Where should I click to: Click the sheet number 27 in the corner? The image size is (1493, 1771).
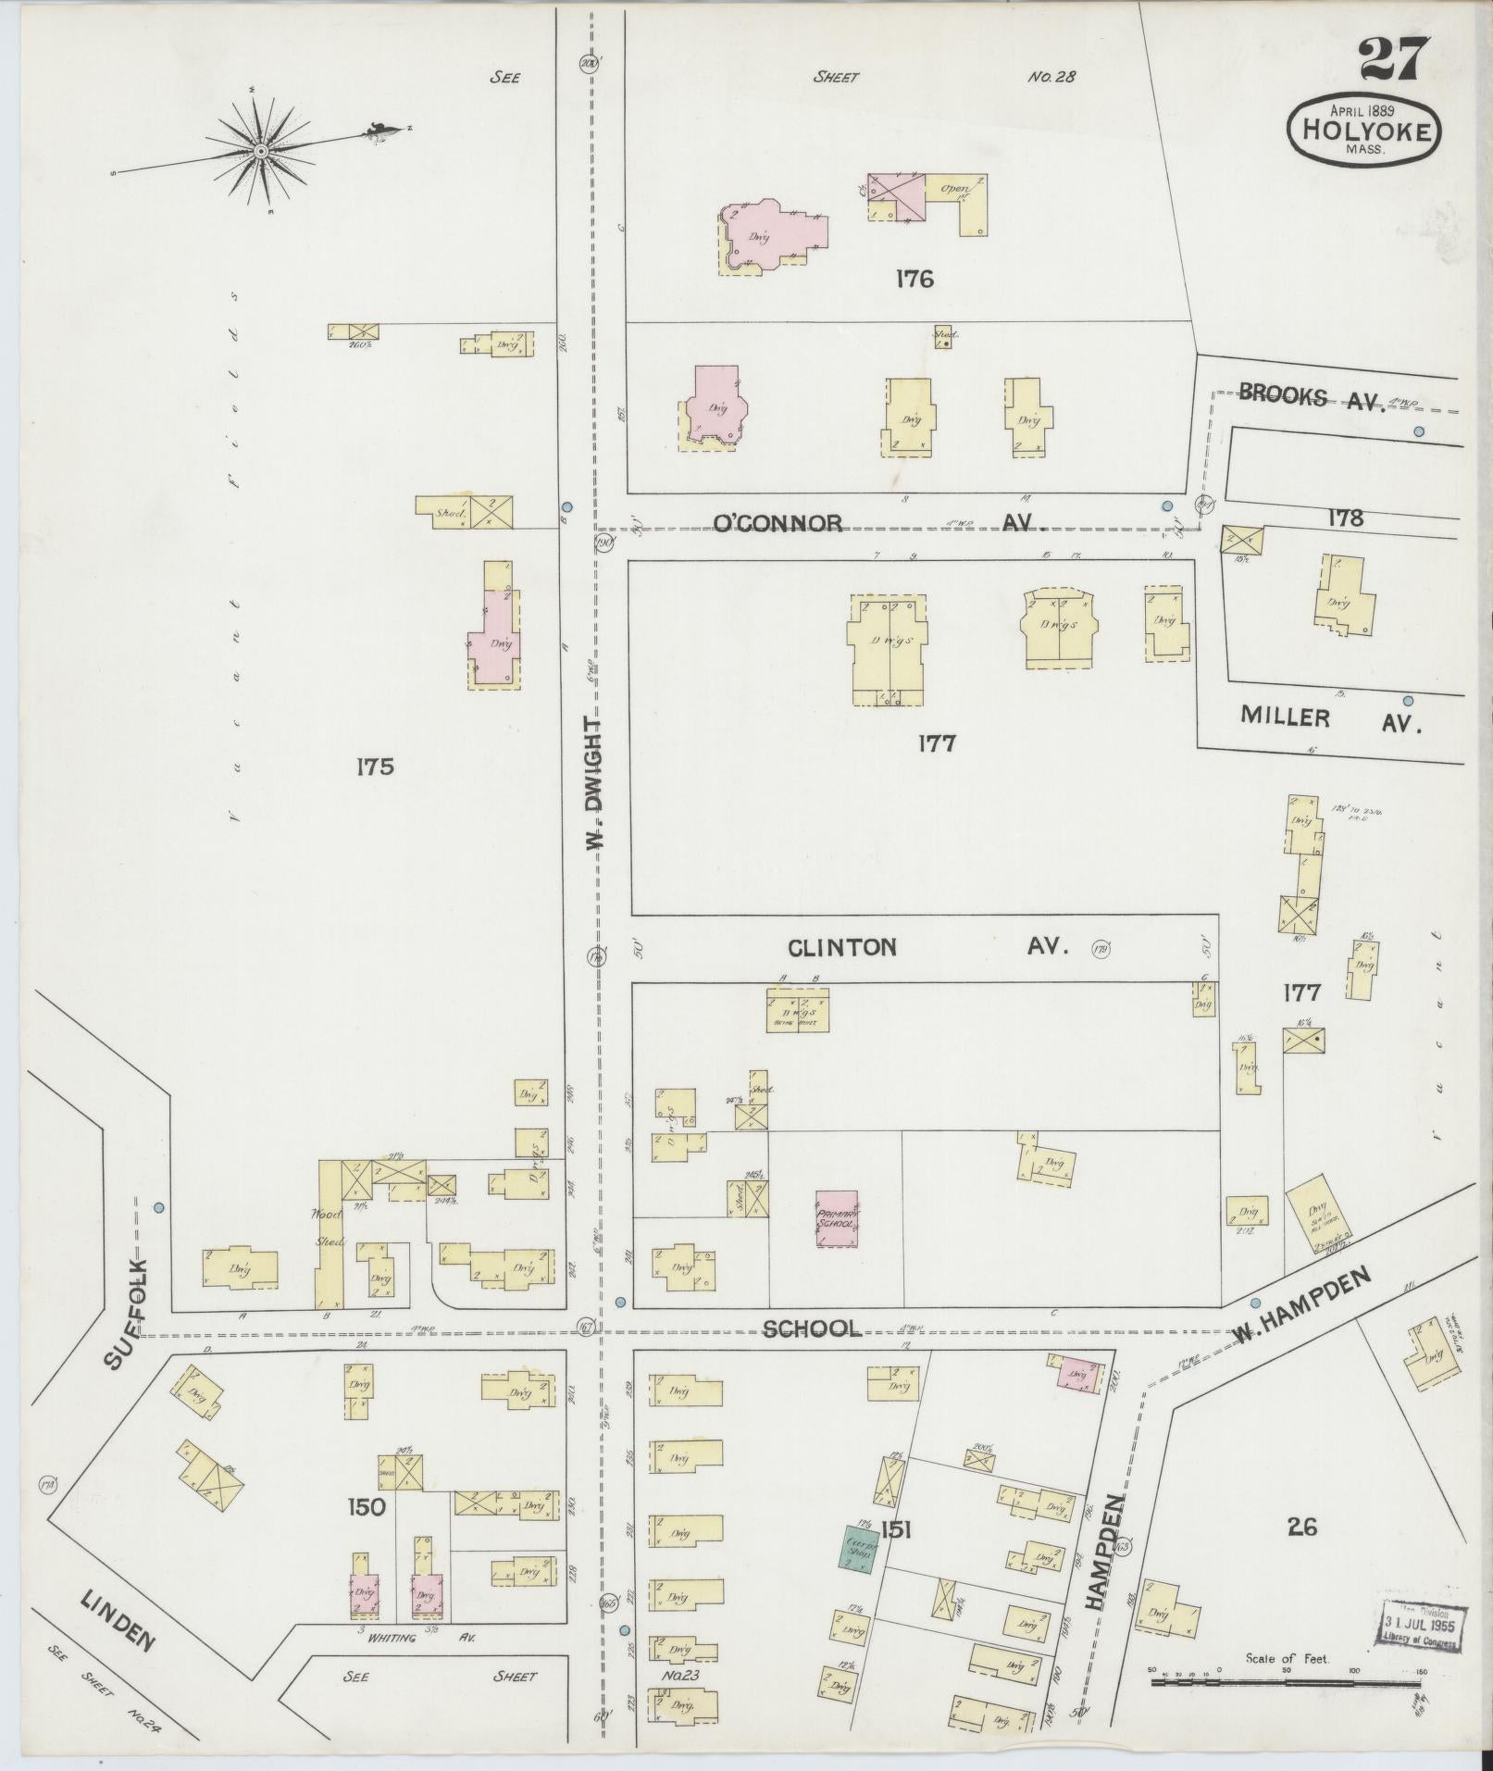1396,61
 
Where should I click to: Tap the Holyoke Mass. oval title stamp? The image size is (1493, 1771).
1364,129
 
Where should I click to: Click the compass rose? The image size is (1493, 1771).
262,151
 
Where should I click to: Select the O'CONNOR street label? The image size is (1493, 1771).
778,524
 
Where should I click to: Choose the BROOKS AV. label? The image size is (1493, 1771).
1308,398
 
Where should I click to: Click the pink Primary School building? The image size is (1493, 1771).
837,1217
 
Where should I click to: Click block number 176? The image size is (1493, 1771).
914,278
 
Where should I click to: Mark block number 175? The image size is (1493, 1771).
375,766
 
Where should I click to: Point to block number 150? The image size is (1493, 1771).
366,1507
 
